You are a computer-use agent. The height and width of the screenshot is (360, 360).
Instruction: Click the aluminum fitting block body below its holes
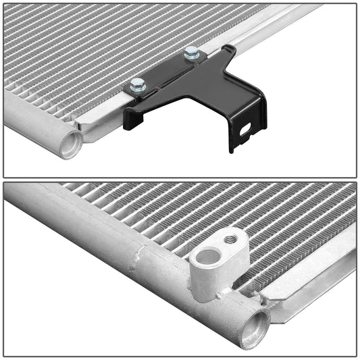(209, 280)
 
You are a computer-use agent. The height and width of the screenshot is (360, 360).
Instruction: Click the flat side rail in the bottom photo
(311, 284)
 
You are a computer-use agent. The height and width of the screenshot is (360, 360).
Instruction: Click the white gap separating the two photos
(180, 180)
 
